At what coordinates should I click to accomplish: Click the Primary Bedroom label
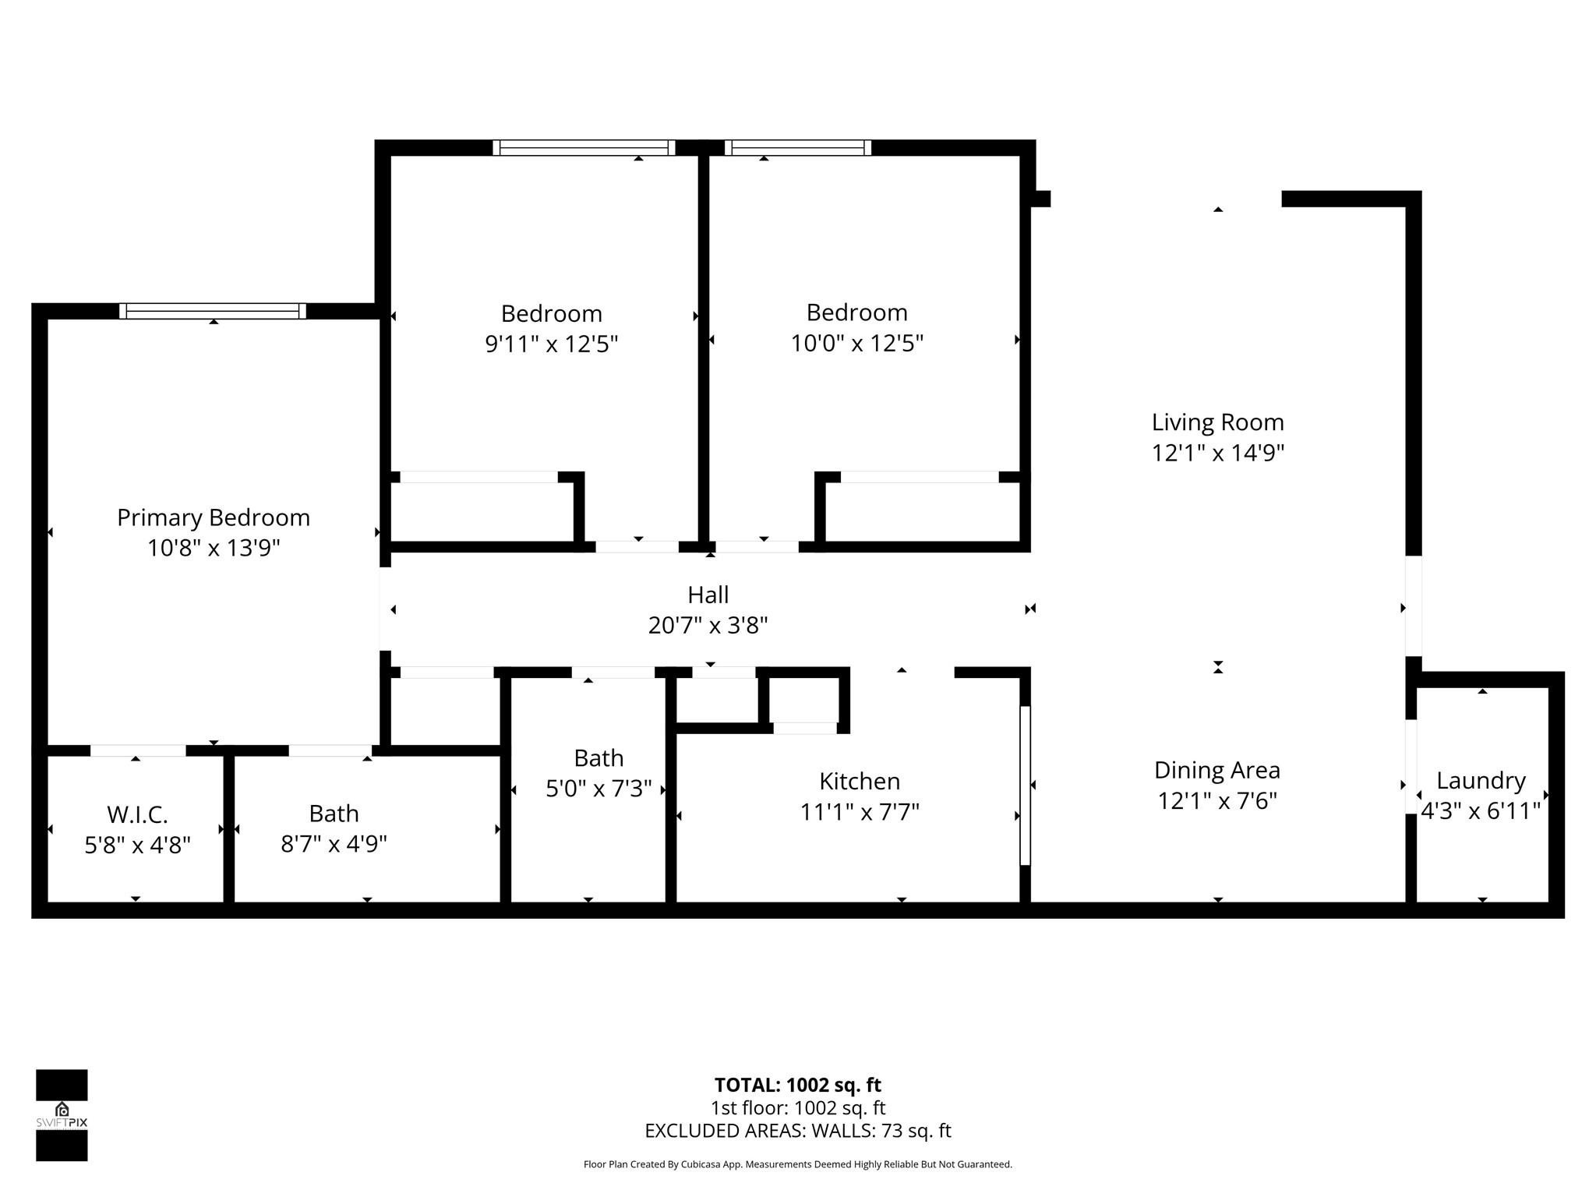coord(213,517)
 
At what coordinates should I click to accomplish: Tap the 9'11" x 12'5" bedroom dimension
coord(551,344)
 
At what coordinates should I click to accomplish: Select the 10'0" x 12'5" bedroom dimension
coord(856,343)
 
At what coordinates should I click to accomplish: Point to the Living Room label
coord(1217,422)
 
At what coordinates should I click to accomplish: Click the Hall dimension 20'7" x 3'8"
coord(708,625)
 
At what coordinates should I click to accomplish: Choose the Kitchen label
coord(859,781)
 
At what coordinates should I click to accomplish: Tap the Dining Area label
coord(1216,770)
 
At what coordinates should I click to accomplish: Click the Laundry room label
coord(1480,780)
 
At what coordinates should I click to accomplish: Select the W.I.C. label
coord(137,814)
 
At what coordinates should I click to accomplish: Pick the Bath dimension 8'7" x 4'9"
coord(334,844)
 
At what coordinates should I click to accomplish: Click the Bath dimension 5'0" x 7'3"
coord(598,789)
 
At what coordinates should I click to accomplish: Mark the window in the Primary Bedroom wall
coord(212,311)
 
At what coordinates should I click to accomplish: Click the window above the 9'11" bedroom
coord(584,148)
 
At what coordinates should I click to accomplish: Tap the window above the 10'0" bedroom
coord(797,148)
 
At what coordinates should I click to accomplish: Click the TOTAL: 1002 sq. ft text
coord(797,1085)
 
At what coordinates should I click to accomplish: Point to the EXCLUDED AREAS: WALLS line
coord(797,1131)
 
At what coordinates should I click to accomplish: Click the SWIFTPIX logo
coord(62,1115)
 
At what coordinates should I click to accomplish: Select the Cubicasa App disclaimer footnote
coord(797,1164)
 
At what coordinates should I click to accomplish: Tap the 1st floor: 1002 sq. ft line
coord(797,1107)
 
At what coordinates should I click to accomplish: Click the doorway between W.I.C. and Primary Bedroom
coord(138,750)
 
